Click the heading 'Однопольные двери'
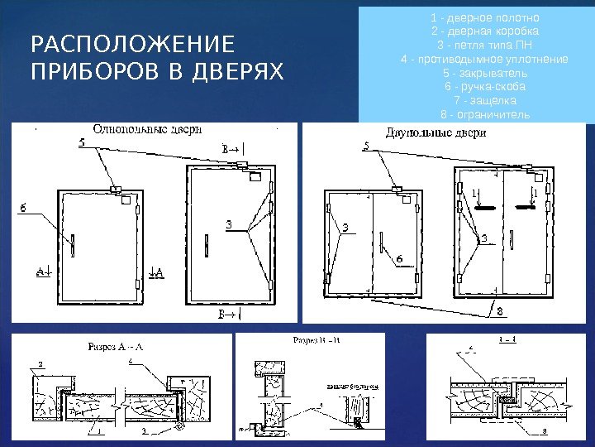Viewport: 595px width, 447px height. click(147, 129)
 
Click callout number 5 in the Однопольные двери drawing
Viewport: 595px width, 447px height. click(81, 143)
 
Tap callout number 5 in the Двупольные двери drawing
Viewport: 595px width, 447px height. click(367, 147)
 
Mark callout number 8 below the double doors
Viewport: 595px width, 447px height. click(498, 311)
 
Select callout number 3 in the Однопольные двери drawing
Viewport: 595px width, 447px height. click(229, 224)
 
